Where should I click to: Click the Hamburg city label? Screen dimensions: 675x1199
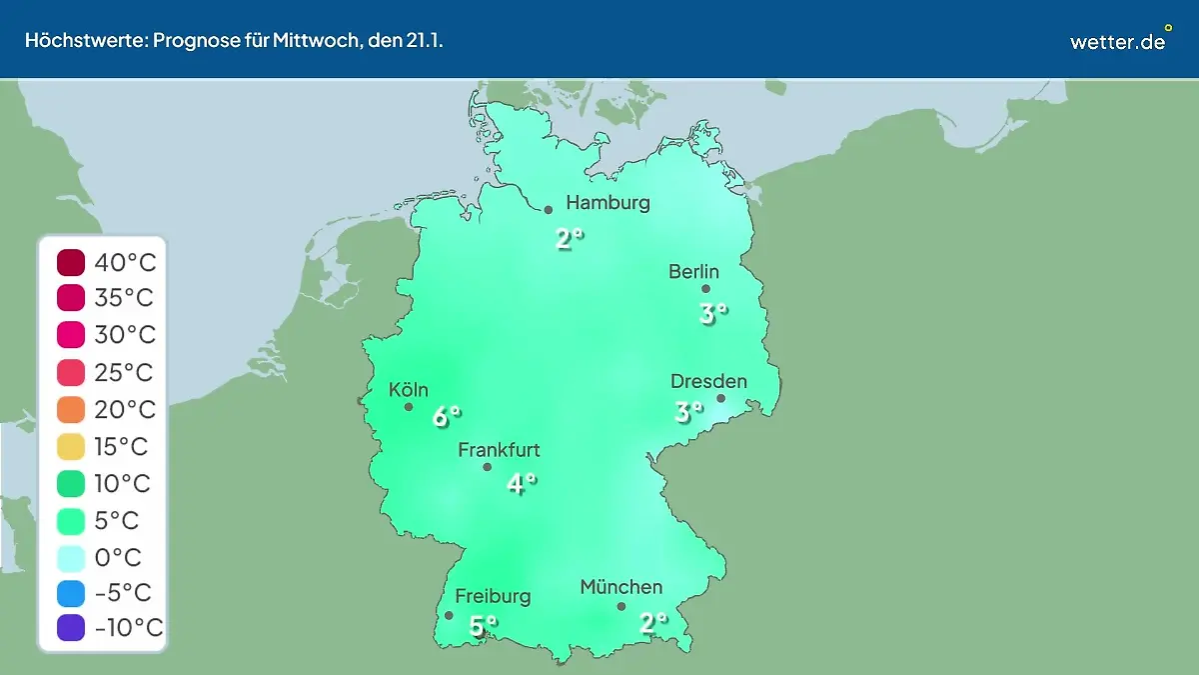(607, 203)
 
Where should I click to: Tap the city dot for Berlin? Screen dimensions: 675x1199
(705, 289)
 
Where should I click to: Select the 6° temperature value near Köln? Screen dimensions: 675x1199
(446, 416)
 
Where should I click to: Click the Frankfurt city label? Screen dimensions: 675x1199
(499, 450)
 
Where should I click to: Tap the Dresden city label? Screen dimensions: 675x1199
(708, 381)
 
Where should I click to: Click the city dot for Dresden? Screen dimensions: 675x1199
(720, 398)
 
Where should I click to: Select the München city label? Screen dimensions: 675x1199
(620, 587)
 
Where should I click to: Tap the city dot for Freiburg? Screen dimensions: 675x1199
(449, 616)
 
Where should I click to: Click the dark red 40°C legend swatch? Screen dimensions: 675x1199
(72, 264)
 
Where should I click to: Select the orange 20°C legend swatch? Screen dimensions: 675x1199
(72, 410)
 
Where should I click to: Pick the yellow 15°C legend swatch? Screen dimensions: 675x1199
(72, 447)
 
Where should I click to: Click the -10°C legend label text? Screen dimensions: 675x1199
(128, 628)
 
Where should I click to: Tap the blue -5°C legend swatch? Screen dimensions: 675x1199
(72, 593)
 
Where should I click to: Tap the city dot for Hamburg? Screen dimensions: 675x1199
(549, 210)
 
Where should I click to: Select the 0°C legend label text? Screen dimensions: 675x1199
(118, 557)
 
